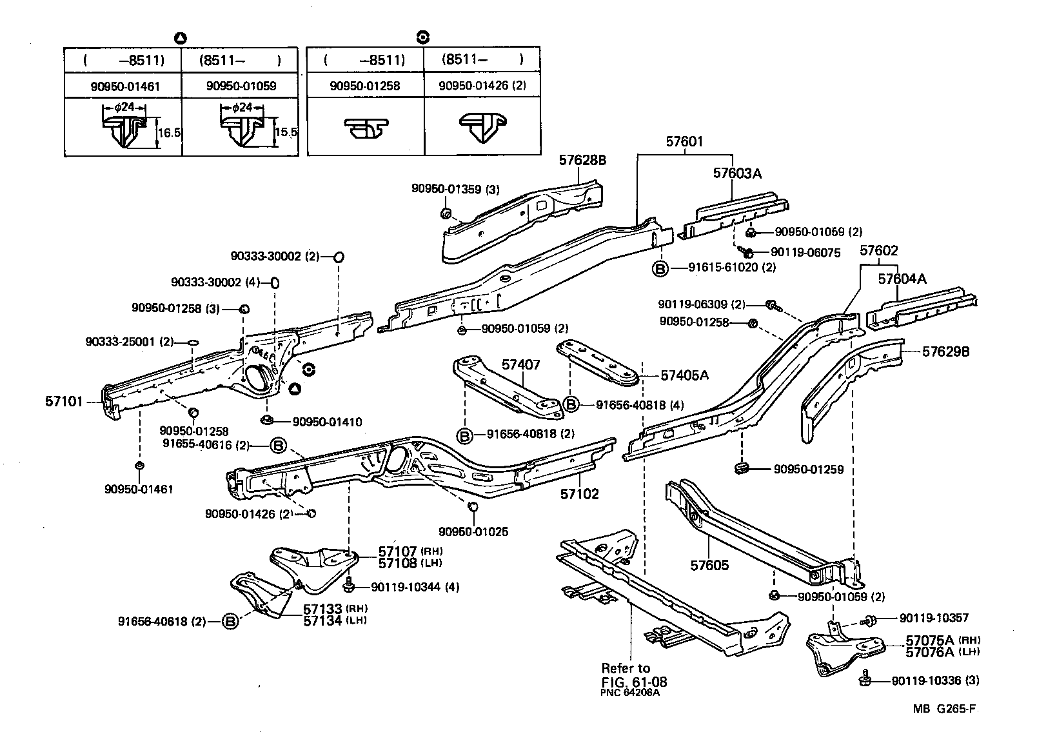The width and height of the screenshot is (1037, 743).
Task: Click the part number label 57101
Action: pyautogui.click(x=64, y=402)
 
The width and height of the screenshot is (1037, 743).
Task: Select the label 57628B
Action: pyautogui.click(x=582, y=160)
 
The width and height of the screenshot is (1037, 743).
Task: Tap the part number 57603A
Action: pyautogui.click(x=737, y=173)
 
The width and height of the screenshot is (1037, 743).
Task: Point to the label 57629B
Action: pyautogui.click(x=945, y=352)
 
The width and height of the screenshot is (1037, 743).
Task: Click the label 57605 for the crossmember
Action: pyautogui.click(x=709, y=566)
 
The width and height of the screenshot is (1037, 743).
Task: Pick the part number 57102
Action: pyautogui.click(x=579, y=494)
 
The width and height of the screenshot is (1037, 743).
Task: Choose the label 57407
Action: pyautogui.click(x=520, y=365)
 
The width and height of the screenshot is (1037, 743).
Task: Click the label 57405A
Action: pyautogui.click(x=684, y=375)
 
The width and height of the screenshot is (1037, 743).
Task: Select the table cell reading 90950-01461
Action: pyautogui.click(x=123, y=86)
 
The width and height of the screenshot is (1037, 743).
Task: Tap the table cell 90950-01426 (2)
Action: pyautogui.click(x=481, y=86)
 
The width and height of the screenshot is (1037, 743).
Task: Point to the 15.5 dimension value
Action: pyautogui.click(x=286, y=132)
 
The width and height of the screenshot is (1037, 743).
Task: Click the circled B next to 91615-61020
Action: pyautogui.click(x=660, y=268)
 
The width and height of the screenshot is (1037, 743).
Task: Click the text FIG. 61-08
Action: pyautogui.click(x=634, y=682)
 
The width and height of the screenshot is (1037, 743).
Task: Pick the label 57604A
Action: pyautogui.click(x=902, y=279)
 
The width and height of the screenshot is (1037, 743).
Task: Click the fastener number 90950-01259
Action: pyautogui.click(x=809, y=470)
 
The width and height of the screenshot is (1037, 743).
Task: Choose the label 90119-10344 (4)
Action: pyautogui.click(x=415, y=588)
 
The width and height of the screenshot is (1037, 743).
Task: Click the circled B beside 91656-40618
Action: pyautogui.click(x=229, y=622)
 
